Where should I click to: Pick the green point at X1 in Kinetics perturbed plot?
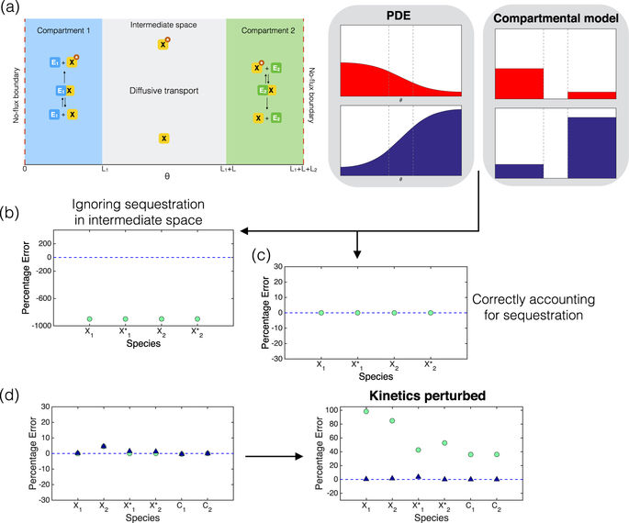coord(365,411)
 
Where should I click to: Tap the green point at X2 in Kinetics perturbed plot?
coord(392,421)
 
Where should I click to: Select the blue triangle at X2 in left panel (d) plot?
coord(104,446)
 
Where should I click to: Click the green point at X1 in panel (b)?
coord(89,319)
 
